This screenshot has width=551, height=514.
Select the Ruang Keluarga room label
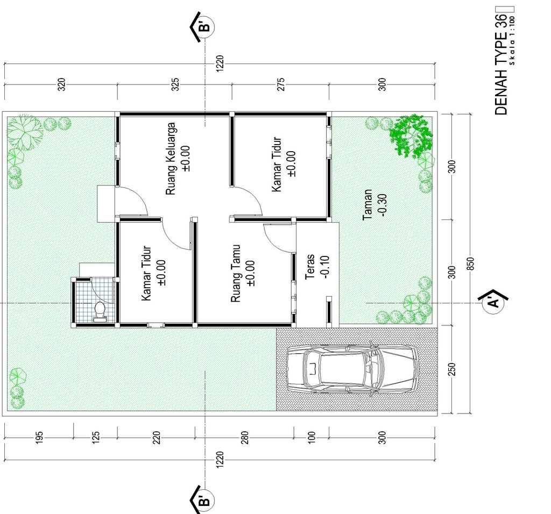(171, 159)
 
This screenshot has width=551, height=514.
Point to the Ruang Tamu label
(236, 274)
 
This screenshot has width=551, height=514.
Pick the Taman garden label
(367, 205)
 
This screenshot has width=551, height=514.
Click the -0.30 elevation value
(383, 205)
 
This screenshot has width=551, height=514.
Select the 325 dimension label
(175, 84)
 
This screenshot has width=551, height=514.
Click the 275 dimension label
(281, 84)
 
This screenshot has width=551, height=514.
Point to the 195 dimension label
(39, 438)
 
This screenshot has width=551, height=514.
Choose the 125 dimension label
(96, 438)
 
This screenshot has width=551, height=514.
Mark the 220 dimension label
(157, 438)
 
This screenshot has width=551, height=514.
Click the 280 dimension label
(245, 438)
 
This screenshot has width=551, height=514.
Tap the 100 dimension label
(312, 438)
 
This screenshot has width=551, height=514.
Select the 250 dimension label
(452, 369)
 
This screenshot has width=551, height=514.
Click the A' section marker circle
(493, 302)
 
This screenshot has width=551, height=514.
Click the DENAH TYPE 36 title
(501, 65)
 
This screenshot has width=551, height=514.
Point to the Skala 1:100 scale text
(512, 41)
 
